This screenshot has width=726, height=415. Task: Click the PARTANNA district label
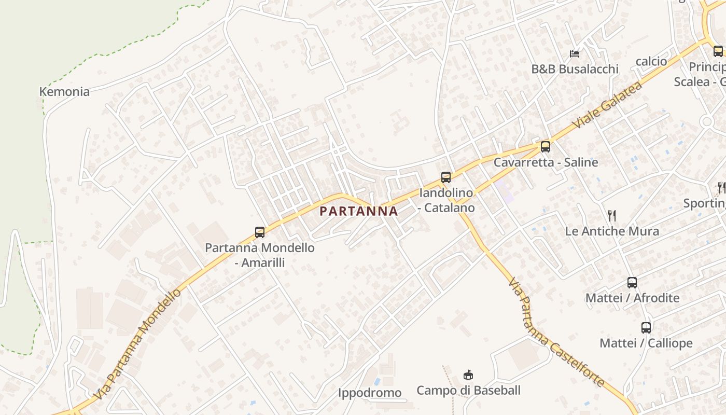pyautogui.click(x=359, y=211)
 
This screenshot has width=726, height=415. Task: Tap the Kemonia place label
pyautogui.click(x=64, y=92)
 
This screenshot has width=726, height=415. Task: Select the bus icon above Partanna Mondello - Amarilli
pyautogui.click(x=260, y=232)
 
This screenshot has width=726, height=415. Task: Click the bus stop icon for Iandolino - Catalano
pyautogui.click(x=446, y=177)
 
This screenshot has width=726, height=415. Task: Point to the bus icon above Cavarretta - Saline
pyautogui.click(x=545, y=147)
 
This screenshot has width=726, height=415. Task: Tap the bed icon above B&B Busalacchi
pyautogui.click(x=575, y=53)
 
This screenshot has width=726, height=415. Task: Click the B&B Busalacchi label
pyautogui.click(x=575, y=69)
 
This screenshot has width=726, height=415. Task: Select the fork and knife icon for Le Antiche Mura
pyautogui.click(x=612, y=216)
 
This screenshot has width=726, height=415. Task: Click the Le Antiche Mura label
pyautogui.click(x=612, y=231)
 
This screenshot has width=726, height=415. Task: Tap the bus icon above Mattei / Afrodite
pyautogui.click(x=632, y=283)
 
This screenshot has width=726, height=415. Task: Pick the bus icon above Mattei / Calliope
pyautogui.click(x=646, y=328)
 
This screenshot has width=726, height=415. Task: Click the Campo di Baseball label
pyautogui.click(x=468, y=390)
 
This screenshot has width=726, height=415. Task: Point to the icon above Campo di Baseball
pyautogui.click(x=468, y=375)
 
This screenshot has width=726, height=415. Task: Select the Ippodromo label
pyautogui.click(x=370, y=393)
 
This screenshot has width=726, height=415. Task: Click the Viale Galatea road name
pyautogui.click(x=607, y=105)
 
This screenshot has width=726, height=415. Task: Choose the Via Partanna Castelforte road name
pyautogui.click(x=556, y=333)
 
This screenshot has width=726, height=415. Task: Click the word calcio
pyautogui.click(x=651, y=61)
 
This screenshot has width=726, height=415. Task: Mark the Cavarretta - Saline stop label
pyautogui.click(x=546, y=162)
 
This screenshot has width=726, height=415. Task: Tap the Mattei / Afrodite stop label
pyautogui.click(x=632, y=298)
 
